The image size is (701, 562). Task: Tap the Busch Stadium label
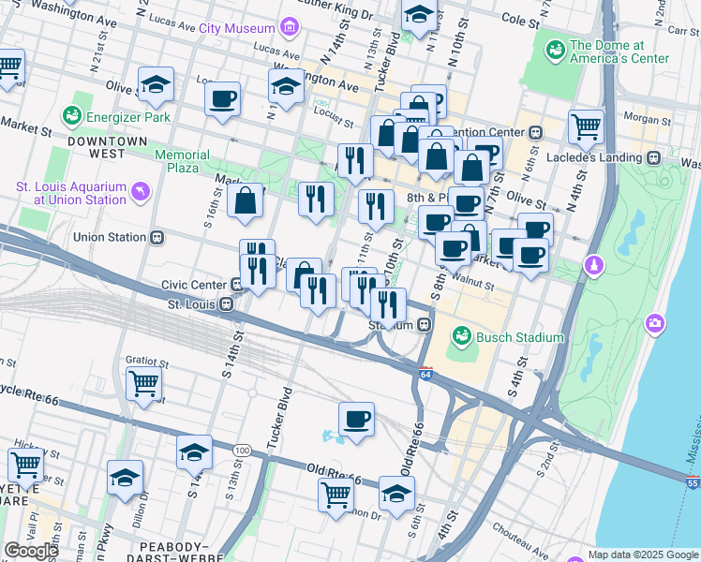[x=522, y=337]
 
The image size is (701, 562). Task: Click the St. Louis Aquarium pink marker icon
[x=141, y=192]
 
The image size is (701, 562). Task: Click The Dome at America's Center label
[x=619, y=52]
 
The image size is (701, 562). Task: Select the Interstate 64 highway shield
[x=425, y=374]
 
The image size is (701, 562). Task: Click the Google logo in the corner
[x=31, y=550]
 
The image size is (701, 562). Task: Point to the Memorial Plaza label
[x=182, y=161]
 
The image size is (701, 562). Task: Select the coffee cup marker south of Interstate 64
[x=355, y=420]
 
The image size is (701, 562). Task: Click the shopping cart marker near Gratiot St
[x=143, y=382]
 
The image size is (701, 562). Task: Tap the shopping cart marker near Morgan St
[x=586, y=126]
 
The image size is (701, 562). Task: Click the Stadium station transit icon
[x=425, y=325]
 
